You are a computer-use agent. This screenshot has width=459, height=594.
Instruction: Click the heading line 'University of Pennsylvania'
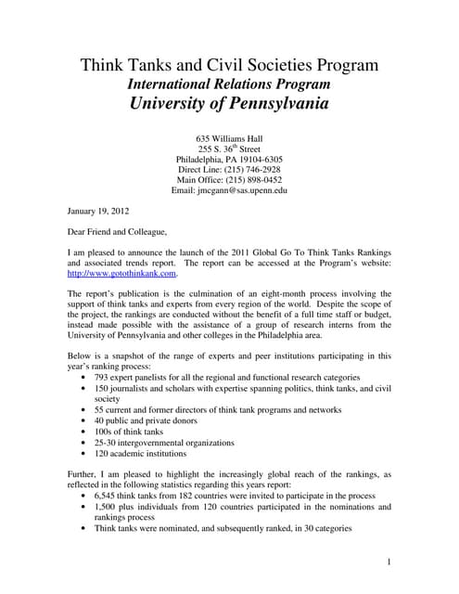(229, 103)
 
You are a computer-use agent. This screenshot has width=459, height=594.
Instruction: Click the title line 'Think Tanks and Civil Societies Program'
(229, 65)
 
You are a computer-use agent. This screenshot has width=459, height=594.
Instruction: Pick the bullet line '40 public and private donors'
(151, 420)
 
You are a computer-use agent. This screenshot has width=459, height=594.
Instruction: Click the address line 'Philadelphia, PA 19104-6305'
(229, 160)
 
